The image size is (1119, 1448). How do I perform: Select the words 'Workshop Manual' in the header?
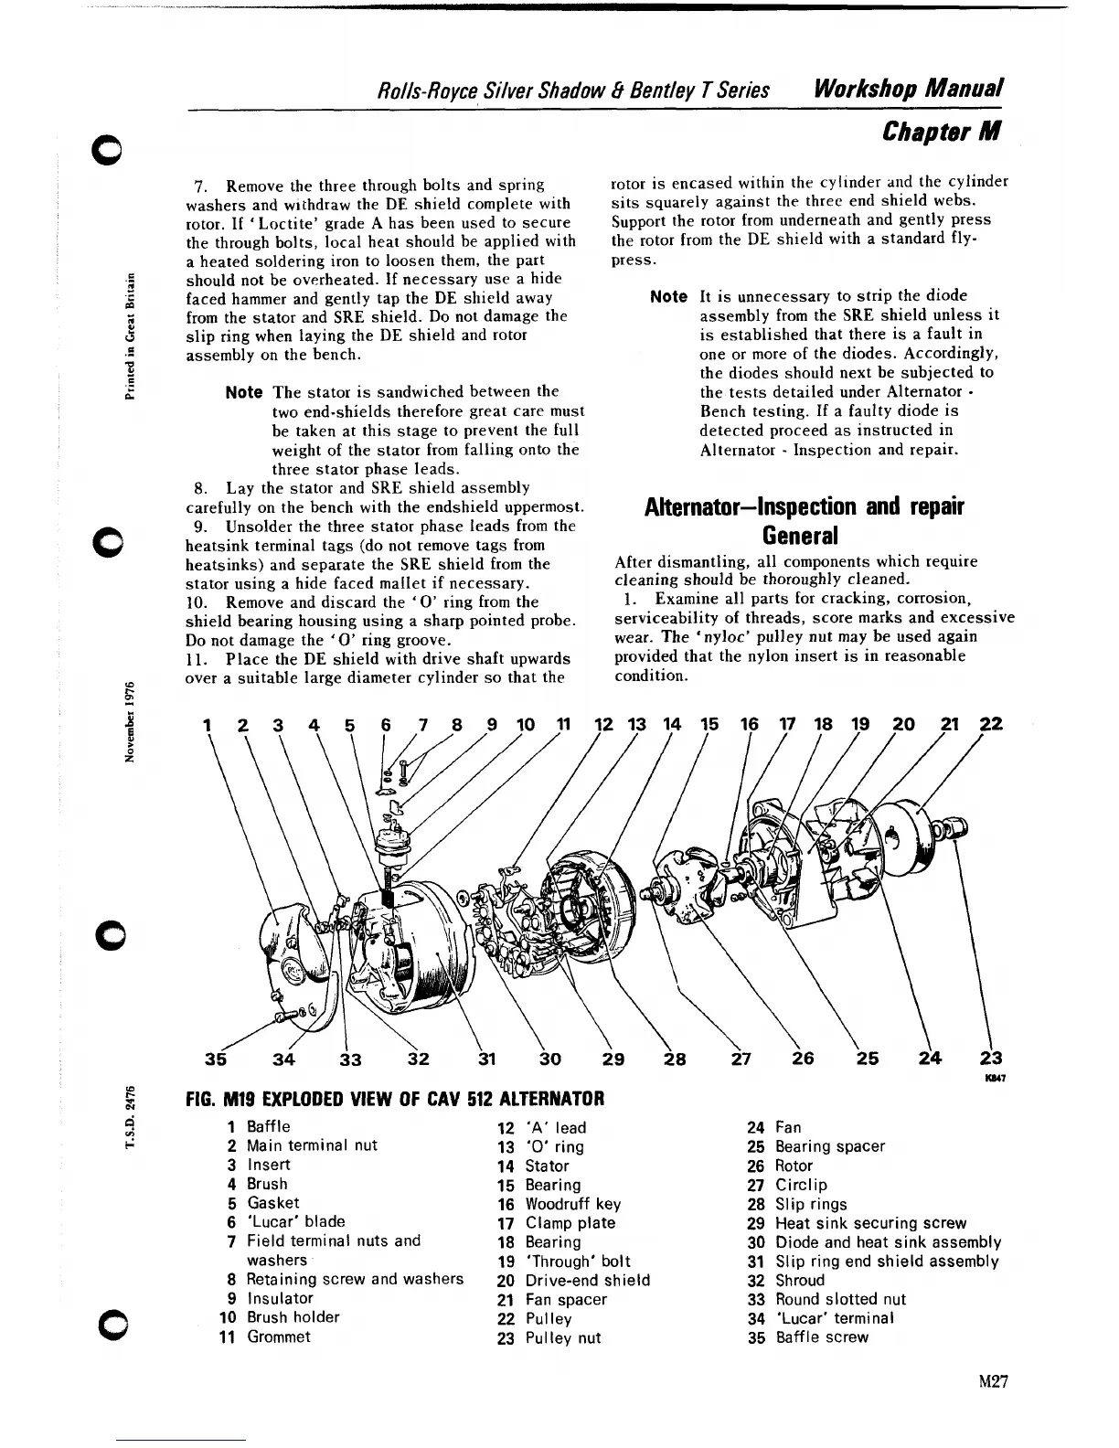point(910,89)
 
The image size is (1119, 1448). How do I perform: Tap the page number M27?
point(991,1381)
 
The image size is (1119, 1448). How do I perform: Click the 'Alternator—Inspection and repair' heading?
point(805,506)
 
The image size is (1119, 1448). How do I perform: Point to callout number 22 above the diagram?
point(991,724)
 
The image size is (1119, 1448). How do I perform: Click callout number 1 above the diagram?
point(208,725)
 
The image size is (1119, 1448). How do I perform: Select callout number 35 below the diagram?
point(216,1059)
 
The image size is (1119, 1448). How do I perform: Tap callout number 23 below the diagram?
point(991,1059)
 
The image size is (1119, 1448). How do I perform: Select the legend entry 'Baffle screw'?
point(822,1337)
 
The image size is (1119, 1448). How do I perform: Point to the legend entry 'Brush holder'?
point(293,1317)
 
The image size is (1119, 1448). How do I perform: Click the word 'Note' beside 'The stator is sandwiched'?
point(243,392)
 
